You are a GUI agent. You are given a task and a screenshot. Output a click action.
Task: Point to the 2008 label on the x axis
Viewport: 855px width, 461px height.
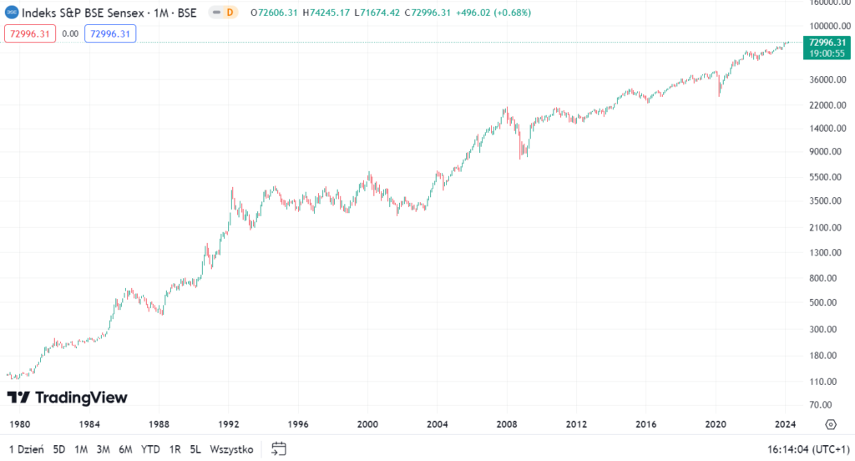click(x=507, y=423)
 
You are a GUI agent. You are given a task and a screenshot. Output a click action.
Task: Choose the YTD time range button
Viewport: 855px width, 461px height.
click(x=150, y=448)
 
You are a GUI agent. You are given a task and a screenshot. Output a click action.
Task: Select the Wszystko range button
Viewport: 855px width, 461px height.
click(x=231, y=448)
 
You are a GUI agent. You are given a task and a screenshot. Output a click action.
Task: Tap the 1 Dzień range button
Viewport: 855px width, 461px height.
click(x=27, y=448)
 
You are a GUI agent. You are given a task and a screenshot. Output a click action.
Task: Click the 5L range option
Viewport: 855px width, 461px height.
click(x=195, y=448)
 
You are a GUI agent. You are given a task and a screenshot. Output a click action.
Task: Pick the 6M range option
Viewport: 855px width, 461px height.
click(x=125, y=448)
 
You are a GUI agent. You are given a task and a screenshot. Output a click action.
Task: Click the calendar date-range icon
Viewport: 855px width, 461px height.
click(x=279, y=448)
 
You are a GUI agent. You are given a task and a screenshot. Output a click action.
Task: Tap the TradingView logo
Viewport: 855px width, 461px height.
click(x=67, y=397)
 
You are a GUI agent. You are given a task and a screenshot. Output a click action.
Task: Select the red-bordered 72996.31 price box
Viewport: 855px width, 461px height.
click(x=30, y=33)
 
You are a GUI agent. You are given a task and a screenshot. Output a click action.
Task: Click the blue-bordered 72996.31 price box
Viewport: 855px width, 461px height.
click(x=109, y=33)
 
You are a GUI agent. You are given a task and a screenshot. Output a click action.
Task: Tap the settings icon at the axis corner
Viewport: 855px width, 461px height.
click(x=830, y=423)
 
